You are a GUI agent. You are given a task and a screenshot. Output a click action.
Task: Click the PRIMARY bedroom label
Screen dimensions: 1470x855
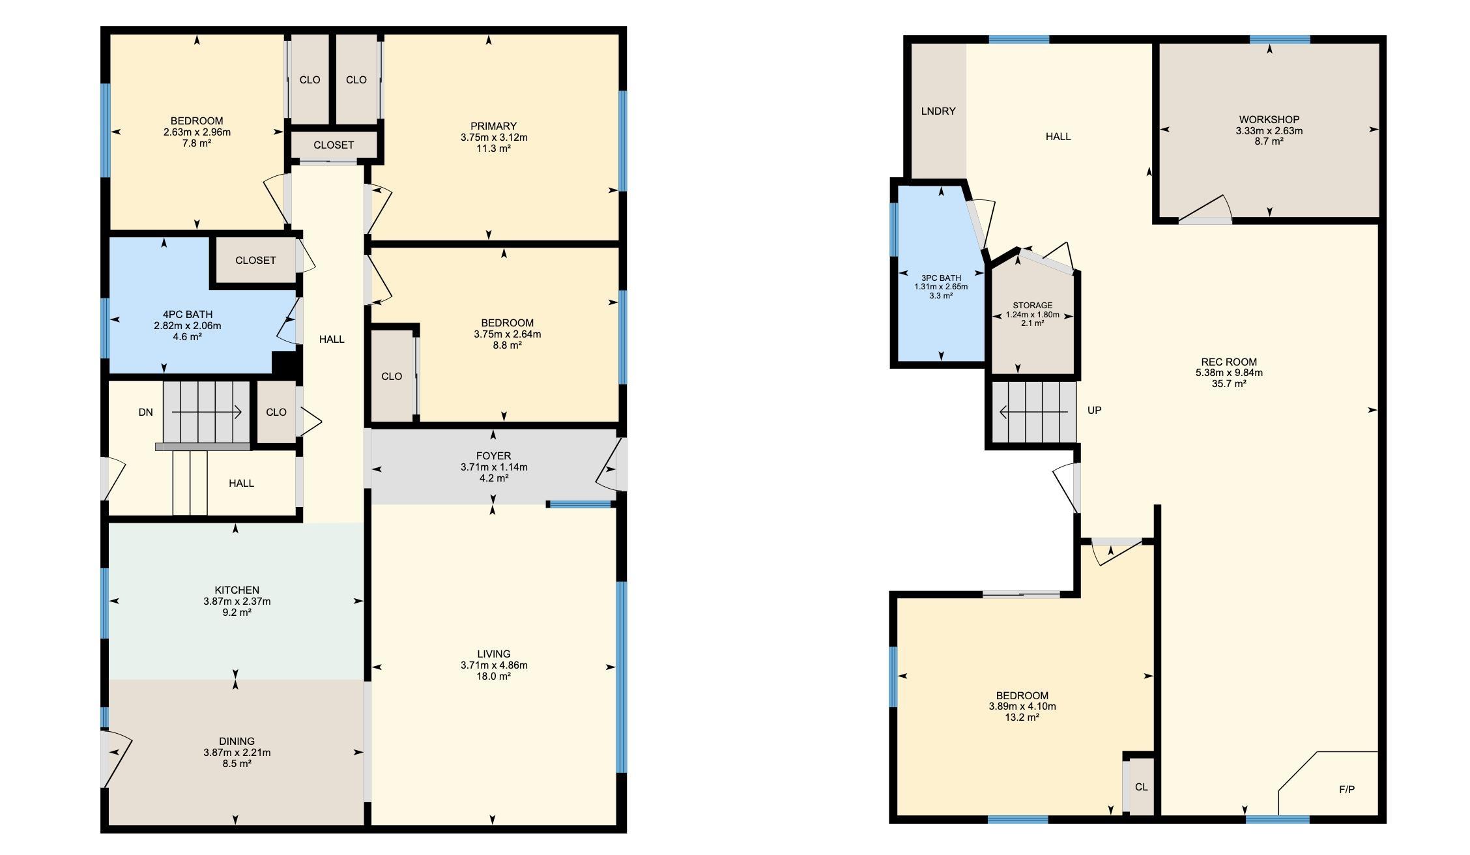click(x=493, y=126)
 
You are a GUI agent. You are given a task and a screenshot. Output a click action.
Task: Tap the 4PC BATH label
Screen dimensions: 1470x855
click(x=187, y=314)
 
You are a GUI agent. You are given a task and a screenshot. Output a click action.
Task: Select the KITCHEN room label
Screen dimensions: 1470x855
click(x=237, y=590)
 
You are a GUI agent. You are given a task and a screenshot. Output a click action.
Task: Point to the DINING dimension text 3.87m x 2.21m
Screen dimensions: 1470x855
click(x=237, y=752)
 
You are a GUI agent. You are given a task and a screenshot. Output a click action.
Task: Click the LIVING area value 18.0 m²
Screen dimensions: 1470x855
click(x=493, y=676)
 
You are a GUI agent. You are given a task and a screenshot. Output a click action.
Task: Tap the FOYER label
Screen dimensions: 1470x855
click(x=493, y=456)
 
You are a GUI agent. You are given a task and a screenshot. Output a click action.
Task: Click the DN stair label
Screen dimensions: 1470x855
click(x=145, y=412)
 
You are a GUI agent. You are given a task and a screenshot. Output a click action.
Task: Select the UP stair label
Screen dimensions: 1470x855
click(x=1094, y=410)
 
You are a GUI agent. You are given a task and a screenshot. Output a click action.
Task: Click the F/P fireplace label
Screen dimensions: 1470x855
click(x=1346, y=789)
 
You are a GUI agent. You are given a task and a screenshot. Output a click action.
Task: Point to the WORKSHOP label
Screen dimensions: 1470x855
click(x=1269, y=119)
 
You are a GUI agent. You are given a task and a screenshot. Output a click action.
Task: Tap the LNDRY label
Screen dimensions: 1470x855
click(x=938, y=111)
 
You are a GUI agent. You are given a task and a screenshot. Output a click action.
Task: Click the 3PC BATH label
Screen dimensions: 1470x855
click(x=941, y=278)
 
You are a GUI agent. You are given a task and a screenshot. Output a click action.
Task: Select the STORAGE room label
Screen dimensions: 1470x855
click(x=1032, y=305)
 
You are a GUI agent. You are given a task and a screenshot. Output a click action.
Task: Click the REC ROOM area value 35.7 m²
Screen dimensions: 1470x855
click(x=1228, y=384)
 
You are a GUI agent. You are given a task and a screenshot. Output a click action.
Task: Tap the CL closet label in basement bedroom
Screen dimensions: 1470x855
click(x=1141, y=787)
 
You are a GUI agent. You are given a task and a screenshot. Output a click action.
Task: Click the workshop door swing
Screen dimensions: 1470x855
click(x=1205, y=209)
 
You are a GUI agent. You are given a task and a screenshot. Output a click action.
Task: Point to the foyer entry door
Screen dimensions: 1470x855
click(x=610, y=464)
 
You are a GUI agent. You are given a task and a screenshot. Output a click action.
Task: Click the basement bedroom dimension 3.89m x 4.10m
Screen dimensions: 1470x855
click(x=1022, y=706)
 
